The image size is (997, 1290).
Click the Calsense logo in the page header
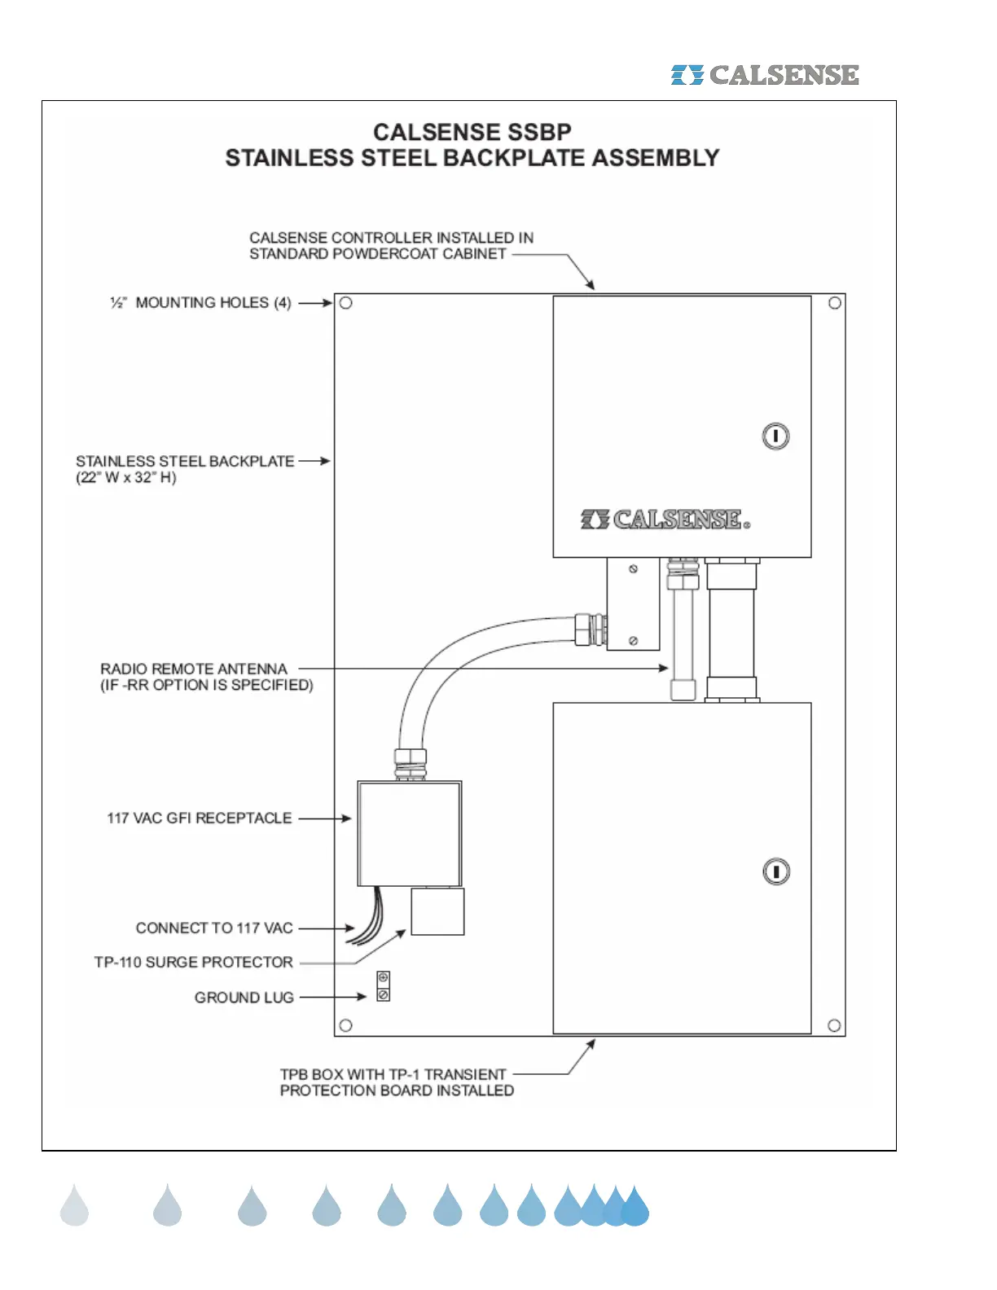(764, 75)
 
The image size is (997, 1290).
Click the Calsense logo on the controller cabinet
(665, 520)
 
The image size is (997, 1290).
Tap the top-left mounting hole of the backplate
(345, 303)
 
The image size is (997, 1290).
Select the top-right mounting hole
(835, 303)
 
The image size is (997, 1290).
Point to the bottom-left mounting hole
(345, 1025)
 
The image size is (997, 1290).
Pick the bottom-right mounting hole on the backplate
(834, 1025)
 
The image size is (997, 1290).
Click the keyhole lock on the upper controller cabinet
(775, 437)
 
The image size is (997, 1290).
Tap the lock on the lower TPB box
(776, 872)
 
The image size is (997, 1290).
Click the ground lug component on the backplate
(383, 986)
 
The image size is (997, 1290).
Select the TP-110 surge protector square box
(437, 911)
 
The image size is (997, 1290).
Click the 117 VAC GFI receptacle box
(410, 833)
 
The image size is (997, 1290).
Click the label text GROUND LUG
(244, 998)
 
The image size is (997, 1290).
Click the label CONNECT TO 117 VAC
(214, 928)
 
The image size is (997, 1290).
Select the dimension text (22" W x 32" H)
(126, 478)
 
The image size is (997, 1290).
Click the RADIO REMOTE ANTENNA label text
(194, 669)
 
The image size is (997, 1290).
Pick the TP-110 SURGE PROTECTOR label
(194, 963)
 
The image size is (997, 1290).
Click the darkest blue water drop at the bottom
(635, 1207)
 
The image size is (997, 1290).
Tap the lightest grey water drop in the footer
(74, 1205)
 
